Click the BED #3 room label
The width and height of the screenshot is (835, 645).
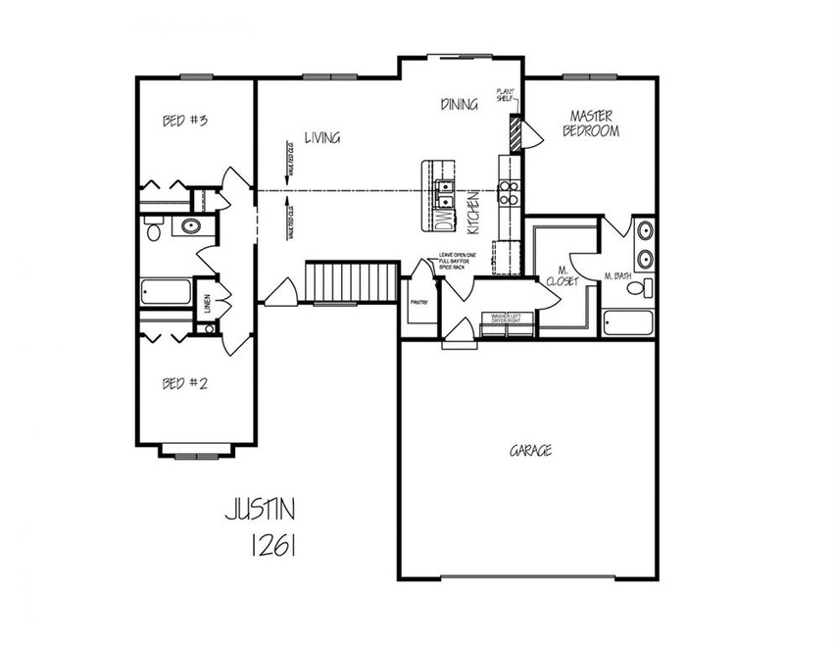tap(185, 121)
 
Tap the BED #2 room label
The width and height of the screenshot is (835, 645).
tap(184, 383)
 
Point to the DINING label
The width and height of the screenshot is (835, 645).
tap(459, 104)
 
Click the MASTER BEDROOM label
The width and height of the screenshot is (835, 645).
tap(590, 123)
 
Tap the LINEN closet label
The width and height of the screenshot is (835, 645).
tap(207, 303)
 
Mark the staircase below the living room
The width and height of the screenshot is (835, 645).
tap(352, 283)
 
